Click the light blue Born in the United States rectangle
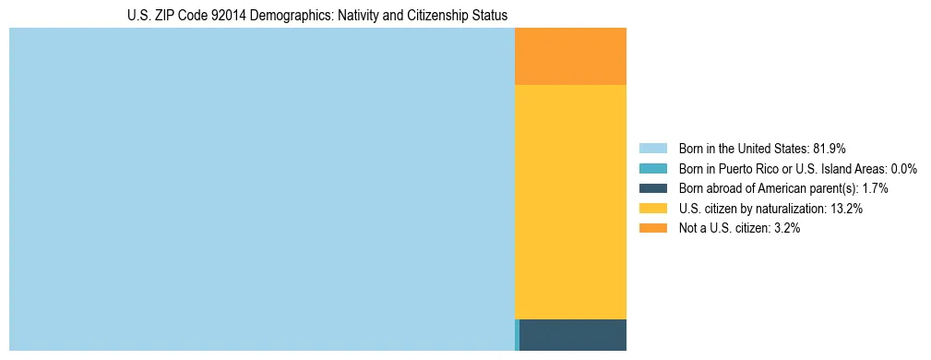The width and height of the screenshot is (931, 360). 261,189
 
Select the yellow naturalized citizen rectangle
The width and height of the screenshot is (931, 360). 570,201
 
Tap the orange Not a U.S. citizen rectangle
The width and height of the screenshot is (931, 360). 570,56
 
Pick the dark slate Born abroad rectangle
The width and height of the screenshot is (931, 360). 573,334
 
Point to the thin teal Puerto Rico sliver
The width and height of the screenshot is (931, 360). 517,334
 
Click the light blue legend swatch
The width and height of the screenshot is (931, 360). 652,149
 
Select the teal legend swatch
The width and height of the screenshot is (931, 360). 652,169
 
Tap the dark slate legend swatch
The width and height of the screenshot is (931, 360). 652,188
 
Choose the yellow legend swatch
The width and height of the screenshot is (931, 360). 652,209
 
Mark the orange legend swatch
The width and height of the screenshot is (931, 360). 652,228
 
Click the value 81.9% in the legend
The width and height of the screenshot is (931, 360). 829,149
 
